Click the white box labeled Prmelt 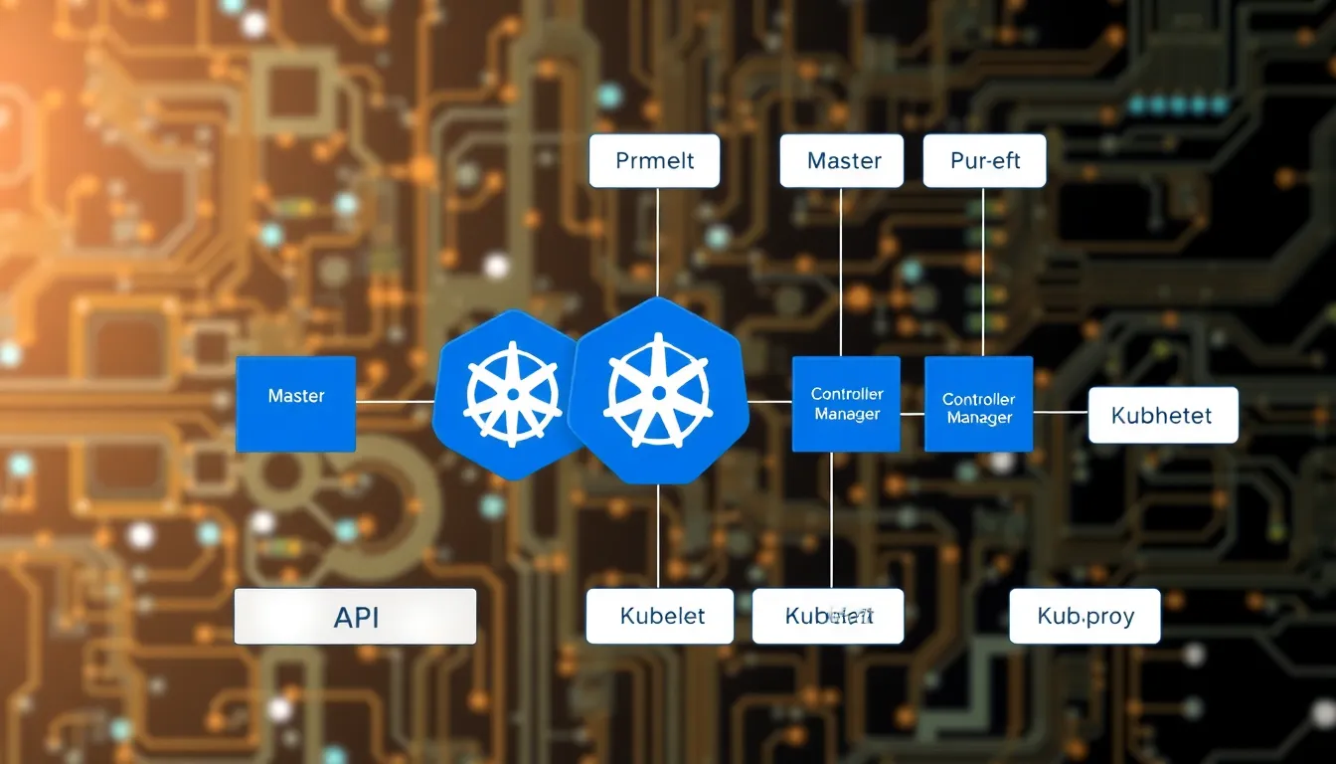click(654, 161)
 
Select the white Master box click(841, 161)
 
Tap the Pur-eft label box click(984, 161)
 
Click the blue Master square click(295, 404)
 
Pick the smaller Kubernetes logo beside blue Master click(509, 394)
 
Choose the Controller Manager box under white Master click(846, 404)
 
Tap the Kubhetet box click(1163, 415)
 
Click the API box click(355, 616)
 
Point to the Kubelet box click(660, 616)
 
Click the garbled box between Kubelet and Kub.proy click(827, 616)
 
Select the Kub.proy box click(1085, 616)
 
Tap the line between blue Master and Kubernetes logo click(395, 402)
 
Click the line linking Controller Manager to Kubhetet click(1061, 411)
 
